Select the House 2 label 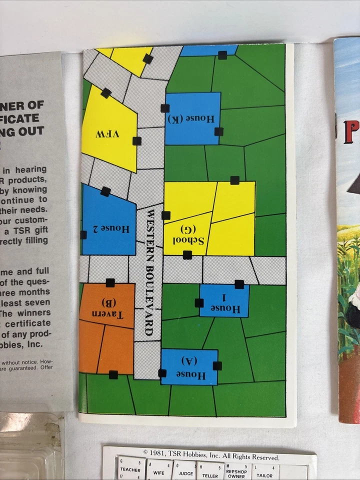[115, 229]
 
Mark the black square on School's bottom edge [187, 255]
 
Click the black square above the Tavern [110, 283]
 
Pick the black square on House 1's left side [199, 302]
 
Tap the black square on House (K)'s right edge [219, 131]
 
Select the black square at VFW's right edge [136, 141]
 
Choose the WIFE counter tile [158, 469]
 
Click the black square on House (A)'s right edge [217, 365]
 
